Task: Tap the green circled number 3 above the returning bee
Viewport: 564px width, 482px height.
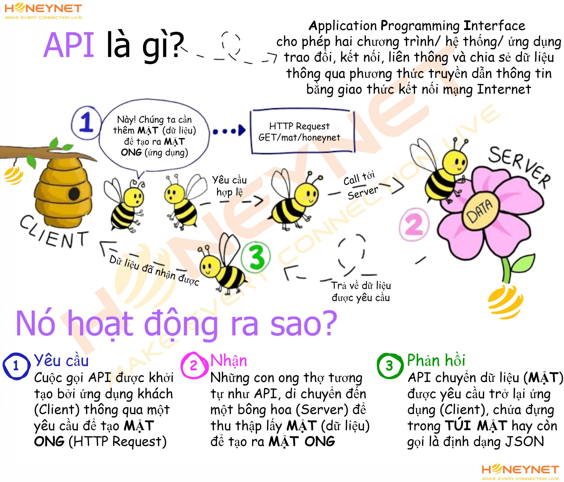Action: click(256, 256)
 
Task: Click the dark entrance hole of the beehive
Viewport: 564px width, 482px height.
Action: click(74, 194)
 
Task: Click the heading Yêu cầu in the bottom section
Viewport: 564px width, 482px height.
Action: click(61, 360)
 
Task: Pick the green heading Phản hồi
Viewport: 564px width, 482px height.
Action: click(436, 360)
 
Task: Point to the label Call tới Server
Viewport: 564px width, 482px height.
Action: click(361, 185)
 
